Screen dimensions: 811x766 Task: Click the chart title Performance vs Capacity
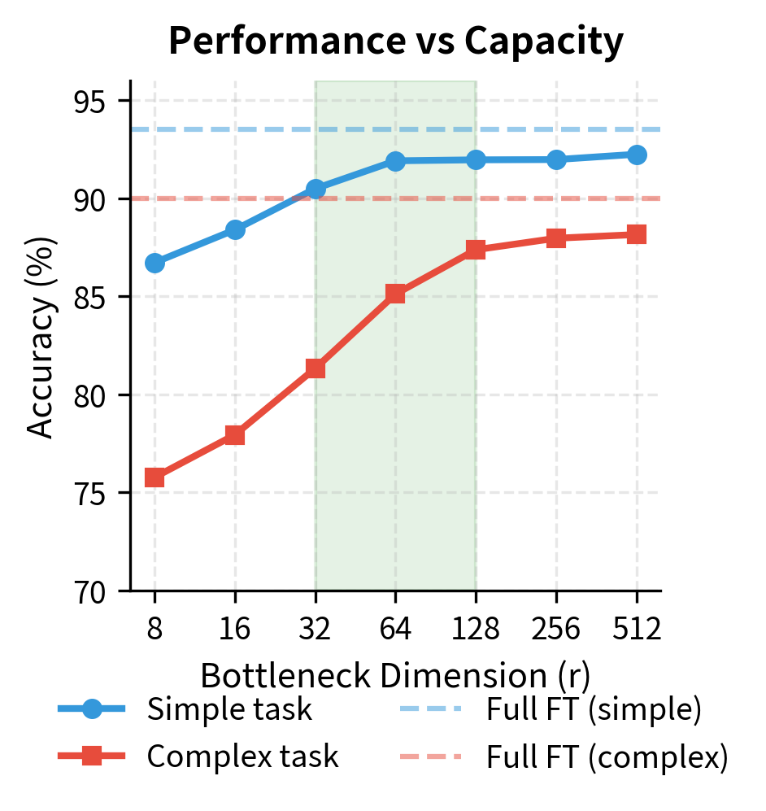pos(395,42)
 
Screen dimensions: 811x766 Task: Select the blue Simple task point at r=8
pos(155,263)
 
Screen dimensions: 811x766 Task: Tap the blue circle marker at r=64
pos(395,161)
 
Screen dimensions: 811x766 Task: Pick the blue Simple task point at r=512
pos(637,155)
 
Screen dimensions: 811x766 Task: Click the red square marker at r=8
pos(155,477)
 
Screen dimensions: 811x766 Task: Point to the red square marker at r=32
pos(316,368)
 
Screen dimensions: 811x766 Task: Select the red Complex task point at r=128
pos(476,250)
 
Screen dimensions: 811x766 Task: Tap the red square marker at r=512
pos(637,234)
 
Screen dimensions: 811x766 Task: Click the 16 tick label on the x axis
pos(235,630)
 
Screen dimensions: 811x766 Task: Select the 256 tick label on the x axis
pos(556,630)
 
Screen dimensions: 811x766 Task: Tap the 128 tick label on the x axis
pos(476,630)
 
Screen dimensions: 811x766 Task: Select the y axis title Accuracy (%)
pos(41,337)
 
